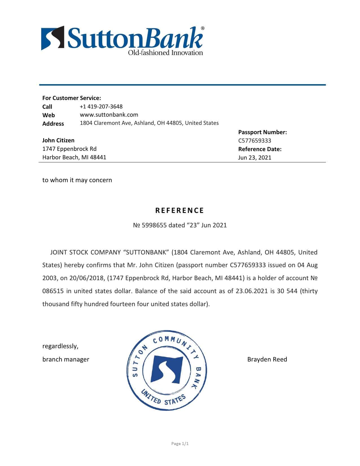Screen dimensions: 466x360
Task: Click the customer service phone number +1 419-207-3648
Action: [x=101, y=106]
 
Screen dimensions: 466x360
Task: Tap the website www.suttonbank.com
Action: [x=109, y=115]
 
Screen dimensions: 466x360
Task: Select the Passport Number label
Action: [x=262, y=132]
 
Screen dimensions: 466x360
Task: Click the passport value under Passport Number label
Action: [x=254, y=141]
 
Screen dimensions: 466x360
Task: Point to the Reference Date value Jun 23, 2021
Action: [x=254, y=158]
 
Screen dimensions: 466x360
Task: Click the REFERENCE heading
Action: [x=180, y=210]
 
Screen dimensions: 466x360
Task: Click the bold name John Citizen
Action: [x=58, y=140]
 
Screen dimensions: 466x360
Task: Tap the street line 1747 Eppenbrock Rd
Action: [x=69, y=149]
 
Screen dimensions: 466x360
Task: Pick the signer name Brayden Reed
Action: [x=267, y=359]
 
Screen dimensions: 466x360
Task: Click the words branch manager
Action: [x=66, y=359]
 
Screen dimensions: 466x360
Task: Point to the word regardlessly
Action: [x=60, y=346]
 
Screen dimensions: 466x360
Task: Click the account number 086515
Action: [x=53, y=291]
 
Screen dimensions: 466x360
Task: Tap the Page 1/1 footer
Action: [x=180, y=444]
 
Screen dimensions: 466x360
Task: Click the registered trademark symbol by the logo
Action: [x=202, y=28]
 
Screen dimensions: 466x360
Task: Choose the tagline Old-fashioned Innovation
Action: [x=165, y=53]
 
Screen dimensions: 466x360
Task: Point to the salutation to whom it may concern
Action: [x=77, y=180]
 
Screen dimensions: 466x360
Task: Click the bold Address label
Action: [x=53, y=123]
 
